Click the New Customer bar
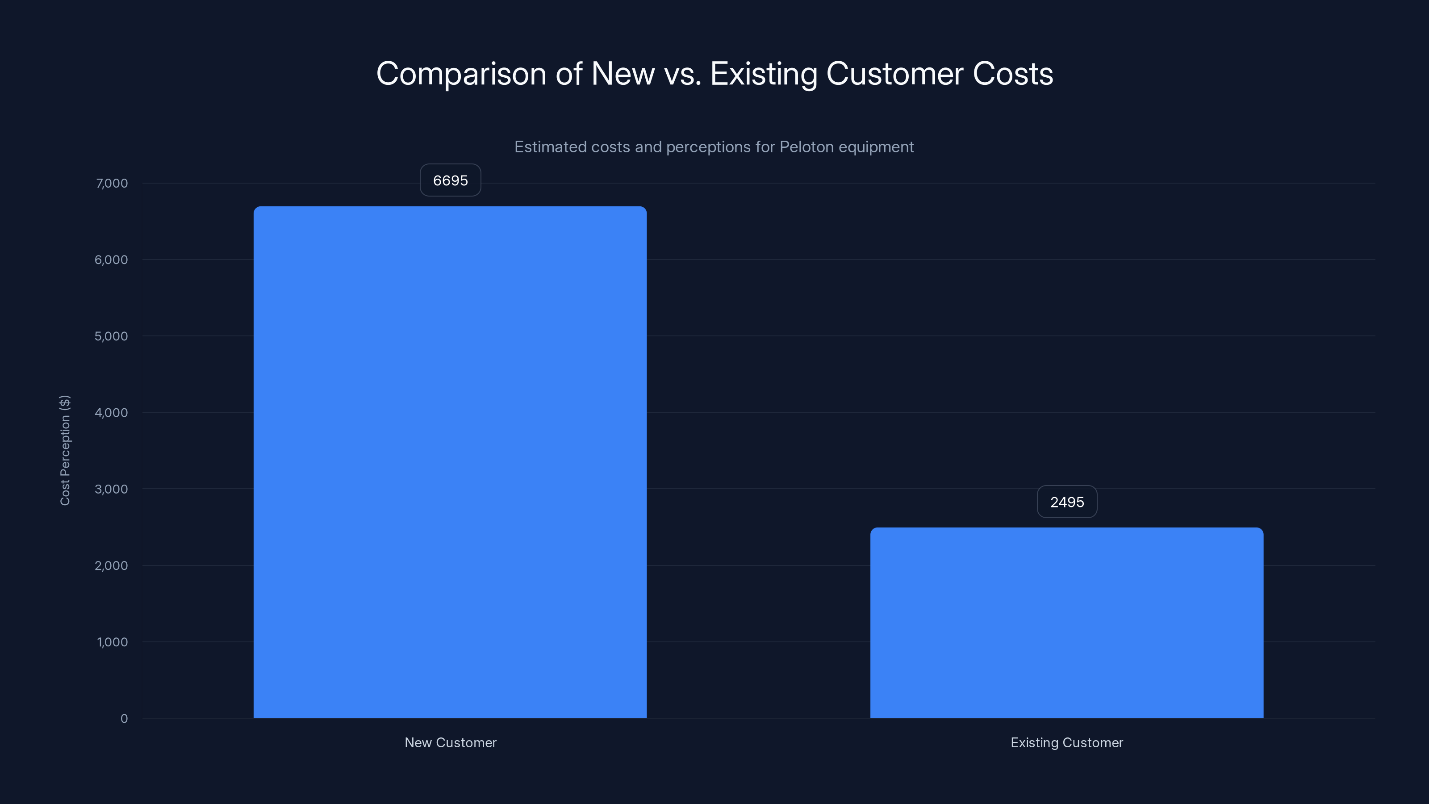point(450,462)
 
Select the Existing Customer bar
point(1066,623)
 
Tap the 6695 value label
point(450,180)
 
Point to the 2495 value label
point(1067,502)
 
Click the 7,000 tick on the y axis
point(112,183)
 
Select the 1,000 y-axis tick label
point(112,642)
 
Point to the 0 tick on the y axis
point(124,719)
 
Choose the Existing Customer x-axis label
point(1066,742)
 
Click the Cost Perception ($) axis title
point(65,450)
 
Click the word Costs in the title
point(1012,74)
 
